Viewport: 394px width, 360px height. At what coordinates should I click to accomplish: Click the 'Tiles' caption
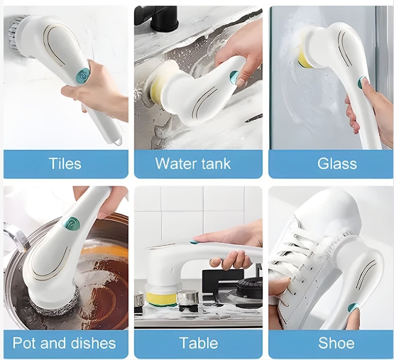65,163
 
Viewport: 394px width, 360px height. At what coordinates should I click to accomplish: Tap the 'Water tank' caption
193,163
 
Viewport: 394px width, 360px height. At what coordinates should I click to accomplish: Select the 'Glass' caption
337,163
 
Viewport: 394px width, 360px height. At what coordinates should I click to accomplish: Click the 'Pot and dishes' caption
65,343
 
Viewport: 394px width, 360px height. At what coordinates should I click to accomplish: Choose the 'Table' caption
199,343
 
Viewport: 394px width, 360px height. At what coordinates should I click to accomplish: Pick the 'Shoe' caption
336,343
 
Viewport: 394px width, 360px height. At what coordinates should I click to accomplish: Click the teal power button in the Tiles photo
82,76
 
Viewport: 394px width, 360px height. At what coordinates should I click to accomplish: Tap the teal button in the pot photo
74,223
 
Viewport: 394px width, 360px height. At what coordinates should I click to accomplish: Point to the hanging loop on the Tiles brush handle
118,142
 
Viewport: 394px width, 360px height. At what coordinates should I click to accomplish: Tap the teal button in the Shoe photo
354,307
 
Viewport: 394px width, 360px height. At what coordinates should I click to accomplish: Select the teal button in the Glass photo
361,82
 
